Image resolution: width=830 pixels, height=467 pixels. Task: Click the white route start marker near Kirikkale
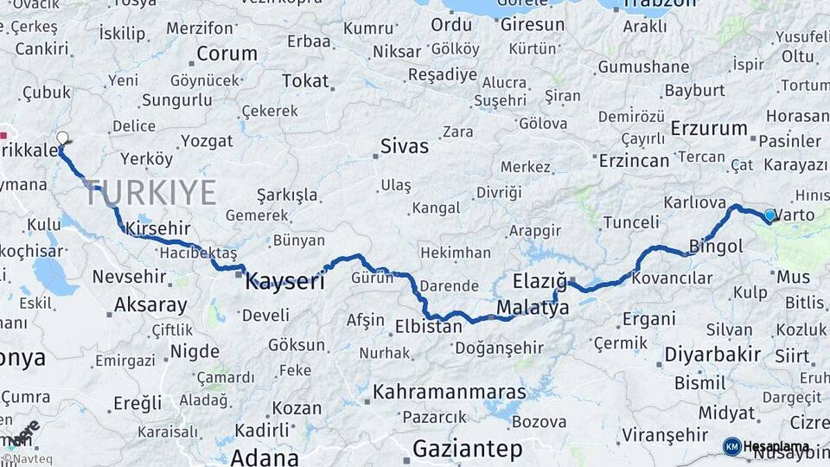click(62, 138)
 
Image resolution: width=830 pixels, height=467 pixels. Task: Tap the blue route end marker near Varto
click(769, 214)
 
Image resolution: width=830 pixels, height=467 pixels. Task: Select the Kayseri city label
click(285, 281)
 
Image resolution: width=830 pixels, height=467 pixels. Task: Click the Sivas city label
click(405, 146)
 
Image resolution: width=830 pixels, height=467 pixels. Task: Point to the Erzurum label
click(709, 129)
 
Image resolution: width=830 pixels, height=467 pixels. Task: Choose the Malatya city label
click(533, 308)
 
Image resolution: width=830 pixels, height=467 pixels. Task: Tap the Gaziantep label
click(467, 449)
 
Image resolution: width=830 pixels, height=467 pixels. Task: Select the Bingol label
click(716, 246)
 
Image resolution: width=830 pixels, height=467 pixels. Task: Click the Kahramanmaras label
click(449, 392)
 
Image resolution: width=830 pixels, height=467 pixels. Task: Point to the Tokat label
click(306, 81)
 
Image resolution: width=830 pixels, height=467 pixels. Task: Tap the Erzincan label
click(635, 160)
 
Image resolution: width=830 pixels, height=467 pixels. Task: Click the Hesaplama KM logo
click(765, 446)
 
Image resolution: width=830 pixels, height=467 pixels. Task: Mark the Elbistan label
click(430, 327)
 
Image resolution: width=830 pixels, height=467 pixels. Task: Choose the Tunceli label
click(631, 222)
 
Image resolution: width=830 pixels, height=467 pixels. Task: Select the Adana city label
click(265, 456)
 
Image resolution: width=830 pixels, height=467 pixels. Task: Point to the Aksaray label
click(150, 304)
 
